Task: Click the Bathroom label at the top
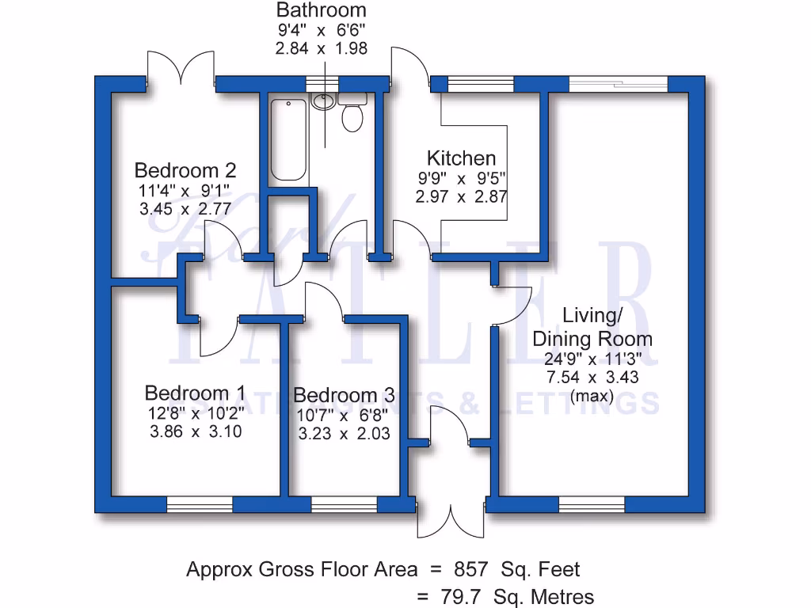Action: (x=321, y=10)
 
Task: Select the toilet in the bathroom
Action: (x=352, y=119)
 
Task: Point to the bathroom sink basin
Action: (x=323, y=101)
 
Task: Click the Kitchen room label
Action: (x=461, y=158)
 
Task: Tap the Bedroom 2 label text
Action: (x=185, y=170)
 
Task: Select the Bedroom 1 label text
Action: (x=195, y=393)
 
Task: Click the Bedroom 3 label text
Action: (x=344, y=395)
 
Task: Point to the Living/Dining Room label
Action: (x=592, y=327)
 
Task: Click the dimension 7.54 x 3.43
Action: (x=592, y=378)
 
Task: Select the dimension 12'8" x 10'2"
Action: (x=195, y=413)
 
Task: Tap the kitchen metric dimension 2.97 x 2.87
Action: (x=461, y=196)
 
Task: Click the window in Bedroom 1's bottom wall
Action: (x=199, y=504)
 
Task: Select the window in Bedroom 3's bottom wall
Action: (x=344, y=504)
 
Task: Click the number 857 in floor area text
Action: (x=471, y=569)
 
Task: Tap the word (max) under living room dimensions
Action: (x=592, y=396)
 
